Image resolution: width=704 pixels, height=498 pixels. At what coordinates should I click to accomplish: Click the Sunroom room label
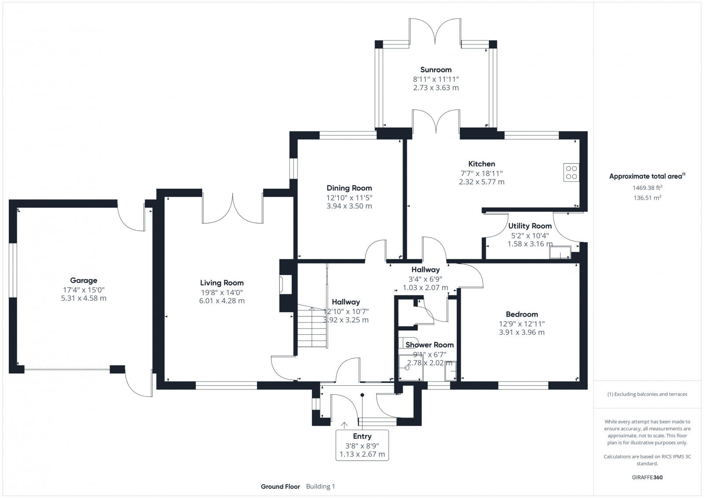pos(436,70)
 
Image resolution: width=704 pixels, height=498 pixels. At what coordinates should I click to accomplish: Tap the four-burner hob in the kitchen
pos(572,172)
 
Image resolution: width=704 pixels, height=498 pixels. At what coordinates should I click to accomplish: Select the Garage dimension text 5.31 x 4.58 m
pos(84,298)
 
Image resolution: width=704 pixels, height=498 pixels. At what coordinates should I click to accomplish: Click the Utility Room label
pos(530,226)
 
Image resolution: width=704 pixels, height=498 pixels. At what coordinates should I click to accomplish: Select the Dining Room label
pos(349,188)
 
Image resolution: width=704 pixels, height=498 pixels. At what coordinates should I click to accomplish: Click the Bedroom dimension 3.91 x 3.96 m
pos(521,332)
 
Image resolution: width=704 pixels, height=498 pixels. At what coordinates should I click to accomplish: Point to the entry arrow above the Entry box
pos(344,425)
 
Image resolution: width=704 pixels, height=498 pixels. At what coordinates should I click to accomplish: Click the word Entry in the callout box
pos(362,436)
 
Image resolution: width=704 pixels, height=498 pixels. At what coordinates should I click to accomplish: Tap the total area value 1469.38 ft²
pos(647,188)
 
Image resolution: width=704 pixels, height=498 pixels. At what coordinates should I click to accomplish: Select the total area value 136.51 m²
pos(647,198)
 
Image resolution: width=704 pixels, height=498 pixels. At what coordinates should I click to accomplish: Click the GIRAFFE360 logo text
pos(647,477)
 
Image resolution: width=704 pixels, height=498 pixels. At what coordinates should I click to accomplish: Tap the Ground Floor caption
pos(280,486)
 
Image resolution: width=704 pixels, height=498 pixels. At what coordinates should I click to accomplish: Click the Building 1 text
pos(320,486)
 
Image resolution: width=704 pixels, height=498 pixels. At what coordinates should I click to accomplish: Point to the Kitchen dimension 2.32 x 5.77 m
pos(481,182)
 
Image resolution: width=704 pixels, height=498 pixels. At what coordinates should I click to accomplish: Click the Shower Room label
pos(429,344)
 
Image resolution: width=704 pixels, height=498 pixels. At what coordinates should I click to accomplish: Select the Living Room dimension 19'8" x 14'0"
pos(221,292)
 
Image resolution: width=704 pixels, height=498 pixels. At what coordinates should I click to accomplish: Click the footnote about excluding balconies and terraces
pos(647,394)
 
